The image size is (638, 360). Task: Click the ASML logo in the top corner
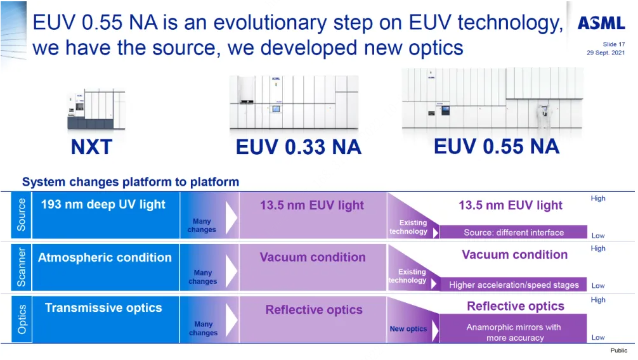coord(601,24)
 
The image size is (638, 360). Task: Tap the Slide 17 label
coord(613,44)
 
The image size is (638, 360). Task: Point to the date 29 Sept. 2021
coord(605,53)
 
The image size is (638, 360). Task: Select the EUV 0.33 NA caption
coord(298,147)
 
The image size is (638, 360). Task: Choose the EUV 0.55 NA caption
coord(496,146)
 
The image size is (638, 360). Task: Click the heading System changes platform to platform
coord(131,182)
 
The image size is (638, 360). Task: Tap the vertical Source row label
coord(22,214)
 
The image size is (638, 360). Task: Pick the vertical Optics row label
coord(22,318)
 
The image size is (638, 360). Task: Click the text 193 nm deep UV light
coord(103,205)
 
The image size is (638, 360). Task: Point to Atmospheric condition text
coord(105,257)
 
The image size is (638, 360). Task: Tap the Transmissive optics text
coord(103,308)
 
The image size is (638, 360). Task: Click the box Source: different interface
coord(514,232)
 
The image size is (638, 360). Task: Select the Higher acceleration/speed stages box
coord(514,285)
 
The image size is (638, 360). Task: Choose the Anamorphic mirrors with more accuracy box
coord(514,332)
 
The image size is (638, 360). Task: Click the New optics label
coord(408,329)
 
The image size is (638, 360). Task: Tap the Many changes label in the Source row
coord(202,226)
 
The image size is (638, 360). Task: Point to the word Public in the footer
coord(618,350)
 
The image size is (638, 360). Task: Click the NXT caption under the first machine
coord(91,147)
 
